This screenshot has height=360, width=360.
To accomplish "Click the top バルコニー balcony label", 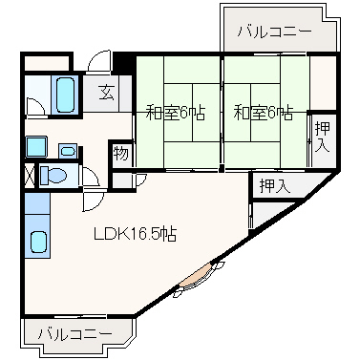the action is click(x=274, y=32).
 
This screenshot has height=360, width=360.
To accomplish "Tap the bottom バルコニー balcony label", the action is click(x=75, y=334).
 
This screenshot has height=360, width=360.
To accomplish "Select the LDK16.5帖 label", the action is click(x=135, y=234).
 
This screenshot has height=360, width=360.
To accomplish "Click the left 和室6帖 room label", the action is click(x=176, y=113).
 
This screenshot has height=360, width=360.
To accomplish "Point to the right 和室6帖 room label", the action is click(x=264, y=113).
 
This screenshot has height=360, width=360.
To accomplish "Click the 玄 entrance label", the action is click(x=106, y=93).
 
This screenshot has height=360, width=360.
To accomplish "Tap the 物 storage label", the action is click(x=121, y=154).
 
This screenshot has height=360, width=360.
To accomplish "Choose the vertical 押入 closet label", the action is click(x=322, y=137).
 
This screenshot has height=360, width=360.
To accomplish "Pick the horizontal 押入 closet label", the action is click(x=275, y=186).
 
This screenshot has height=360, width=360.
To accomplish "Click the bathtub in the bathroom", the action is click(x=66, y=95).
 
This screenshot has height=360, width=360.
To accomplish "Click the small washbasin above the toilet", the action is click(x=68, y=151).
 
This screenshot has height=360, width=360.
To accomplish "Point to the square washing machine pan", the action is click(x=36, y=146).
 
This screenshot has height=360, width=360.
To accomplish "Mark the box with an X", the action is click(x=30, y=175).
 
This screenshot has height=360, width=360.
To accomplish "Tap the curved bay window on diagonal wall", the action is click(x=195, y=278).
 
